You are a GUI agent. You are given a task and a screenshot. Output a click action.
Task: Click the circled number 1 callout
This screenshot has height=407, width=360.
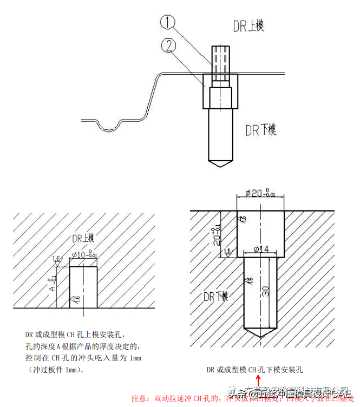coord(169,22)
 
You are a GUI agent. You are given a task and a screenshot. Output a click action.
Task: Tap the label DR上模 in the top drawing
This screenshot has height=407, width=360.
coord(247,25)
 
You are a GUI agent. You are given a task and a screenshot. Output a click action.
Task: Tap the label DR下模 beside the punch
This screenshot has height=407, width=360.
coord(260,130)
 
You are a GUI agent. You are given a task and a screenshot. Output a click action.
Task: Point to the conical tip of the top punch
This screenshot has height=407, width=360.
coord(221,161)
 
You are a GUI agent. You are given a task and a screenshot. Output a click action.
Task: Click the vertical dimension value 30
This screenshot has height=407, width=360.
coord(265,291)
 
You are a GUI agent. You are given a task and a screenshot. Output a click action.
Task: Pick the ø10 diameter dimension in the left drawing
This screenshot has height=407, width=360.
coord(84,254)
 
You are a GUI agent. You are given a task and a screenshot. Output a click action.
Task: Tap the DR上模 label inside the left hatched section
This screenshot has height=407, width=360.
coord(83,238)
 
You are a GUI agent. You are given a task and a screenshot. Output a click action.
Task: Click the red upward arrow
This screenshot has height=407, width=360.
coord(258,383)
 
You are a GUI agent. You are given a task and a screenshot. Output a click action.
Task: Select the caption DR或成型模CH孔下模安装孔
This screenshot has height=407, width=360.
coord(254,370)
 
